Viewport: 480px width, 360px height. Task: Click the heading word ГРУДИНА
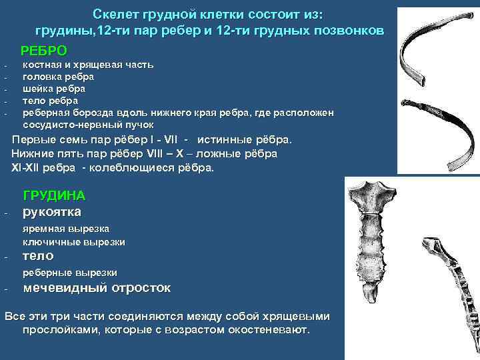pos(54,196)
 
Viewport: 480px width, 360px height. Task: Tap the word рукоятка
pos(52,212)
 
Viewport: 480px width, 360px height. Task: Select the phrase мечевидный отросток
pos(97,288)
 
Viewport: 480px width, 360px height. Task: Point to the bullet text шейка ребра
pos(53,89)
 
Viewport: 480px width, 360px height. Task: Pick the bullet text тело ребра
pos(50,101)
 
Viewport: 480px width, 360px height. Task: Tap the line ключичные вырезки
pos(74,241)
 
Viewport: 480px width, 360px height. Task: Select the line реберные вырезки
pos(70,272)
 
